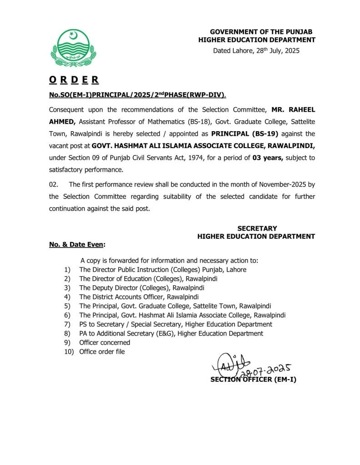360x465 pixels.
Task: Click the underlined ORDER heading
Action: tap(74, 80)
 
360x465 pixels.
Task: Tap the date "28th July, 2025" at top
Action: tap(272, 50)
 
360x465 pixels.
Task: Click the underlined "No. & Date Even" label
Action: tap(76, 245)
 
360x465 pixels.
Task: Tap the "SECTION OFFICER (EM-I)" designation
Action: tap(253, 380)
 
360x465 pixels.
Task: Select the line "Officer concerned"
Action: tap(105, 342)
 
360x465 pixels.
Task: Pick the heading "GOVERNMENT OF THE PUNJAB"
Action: tap(261, 31)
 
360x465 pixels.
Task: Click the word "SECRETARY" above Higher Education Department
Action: tap(257, 228)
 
